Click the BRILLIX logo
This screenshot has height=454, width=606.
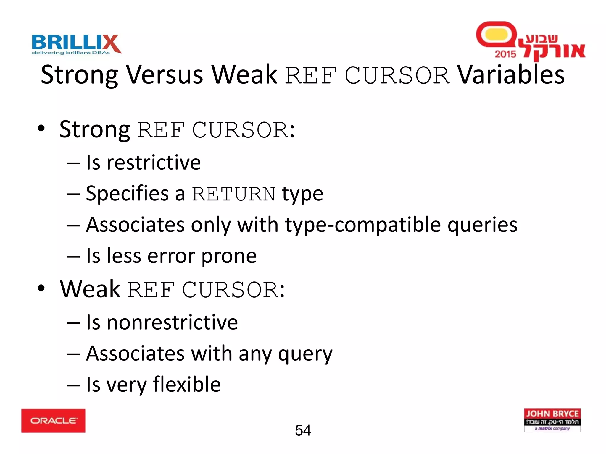click(76, 43)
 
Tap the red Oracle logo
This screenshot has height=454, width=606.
click(53, 420)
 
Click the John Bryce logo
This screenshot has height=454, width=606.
click(552, 420)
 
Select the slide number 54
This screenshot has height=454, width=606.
click(303, 430)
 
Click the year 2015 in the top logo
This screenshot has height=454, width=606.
click(505, 54)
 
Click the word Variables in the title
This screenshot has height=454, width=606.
click(511, 74)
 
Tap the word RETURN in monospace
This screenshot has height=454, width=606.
click(234, 194)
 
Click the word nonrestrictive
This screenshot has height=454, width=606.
click(172, 322)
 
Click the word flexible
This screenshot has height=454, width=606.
click(187, 384)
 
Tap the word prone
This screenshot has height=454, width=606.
click(229, 256)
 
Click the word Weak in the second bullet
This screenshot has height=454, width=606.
click(90, 289)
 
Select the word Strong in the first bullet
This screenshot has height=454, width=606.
click(94, 129)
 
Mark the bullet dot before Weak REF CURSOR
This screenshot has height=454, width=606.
click(41, 288)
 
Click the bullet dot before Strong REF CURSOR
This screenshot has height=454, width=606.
click(41, 129)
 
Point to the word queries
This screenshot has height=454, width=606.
click(482, 225)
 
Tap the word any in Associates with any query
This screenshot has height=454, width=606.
click(255, 354)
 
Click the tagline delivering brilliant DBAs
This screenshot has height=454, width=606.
click(71, 53)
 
